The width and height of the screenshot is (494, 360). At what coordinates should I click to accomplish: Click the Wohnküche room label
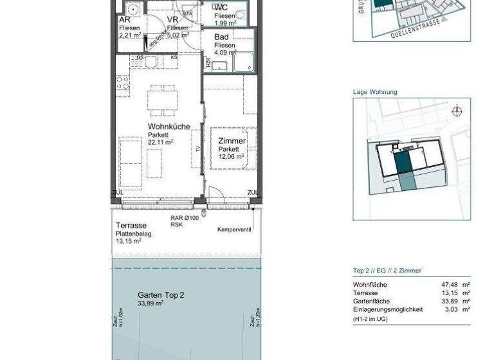(x=169, y=127)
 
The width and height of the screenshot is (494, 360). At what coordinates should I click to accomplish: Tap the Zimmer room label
(x=232, y=141)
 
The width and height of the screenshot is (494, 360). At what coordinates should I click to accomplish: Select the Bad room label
(x=221, y=38)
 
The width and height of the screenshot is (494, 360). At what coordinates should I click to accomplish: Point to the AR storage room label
(x=125, y=20)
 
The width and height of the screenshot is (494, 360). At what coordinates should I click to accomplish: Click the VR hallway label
(x=172, y=20)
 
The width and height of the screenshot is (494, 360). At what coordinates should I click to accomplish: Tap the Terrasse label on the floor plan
(x=131, y=226)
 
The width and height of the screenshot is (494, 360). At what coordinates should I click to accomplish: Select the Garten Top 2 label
(x=161, y=294)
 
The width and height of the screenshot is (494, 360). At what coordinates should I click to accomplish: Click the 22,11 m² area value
(x=161, y=143)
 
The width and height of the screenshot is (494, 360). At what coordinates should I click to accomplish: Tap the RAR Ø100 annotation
(x=185, y=218)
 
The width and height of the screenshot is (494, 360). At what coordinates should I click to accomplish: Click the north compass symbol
(x=457, y=111)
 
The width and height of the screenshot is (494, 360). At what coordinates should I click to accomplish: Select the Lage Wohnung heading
(x=375, y=92)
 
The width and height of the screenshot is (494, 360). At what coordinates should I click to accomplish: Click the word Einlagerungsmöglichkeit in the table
(x=387, y=309)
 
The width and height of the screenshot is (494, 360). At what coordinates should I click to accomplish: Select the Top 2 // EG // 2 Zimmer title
(x=387, y=271)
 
